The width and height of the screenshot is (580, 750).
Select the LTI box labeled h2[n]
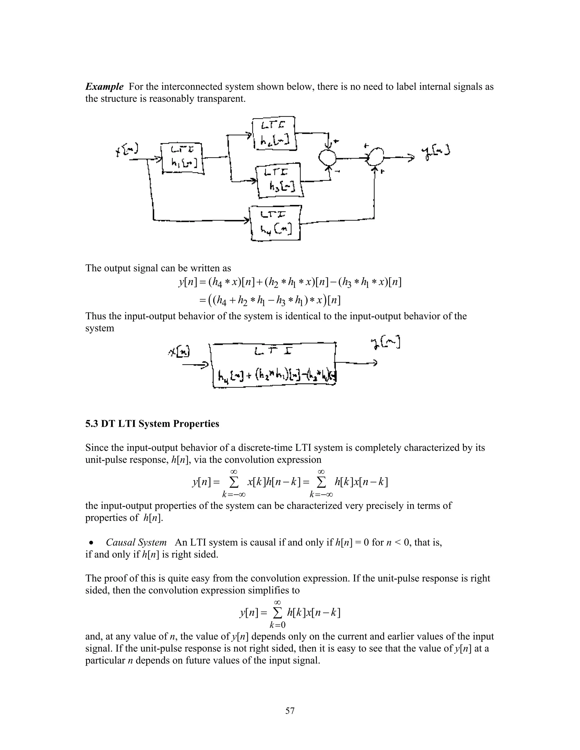pos(274,134)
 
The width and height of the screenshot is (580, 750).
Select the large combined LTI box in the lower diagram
pos(274,365)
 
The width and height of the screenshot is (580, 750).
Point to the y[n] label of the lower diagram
pos(385,343)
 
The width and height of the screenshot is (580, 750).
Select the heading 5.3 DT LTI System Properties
pos(152,424)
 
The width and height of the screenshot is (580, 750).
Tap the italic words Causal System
pos(136,543)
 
